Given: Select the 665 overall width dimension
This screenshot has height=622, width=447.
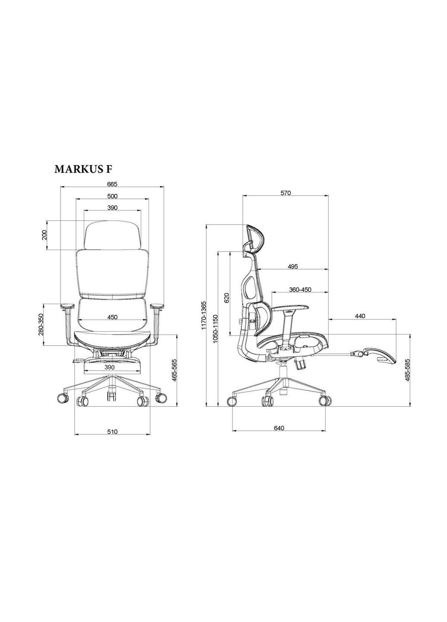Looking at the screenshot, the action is (x=112, y=184).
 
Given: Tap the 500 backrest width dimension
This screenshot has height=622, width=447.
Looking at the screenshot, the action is (x=112, y=196).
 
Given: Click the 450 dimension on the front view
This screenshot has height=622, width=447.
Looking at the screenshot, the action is (x=112, y=317).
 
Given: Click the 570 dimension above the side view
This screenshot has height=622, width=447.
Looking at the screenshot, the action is (x=285, y=193).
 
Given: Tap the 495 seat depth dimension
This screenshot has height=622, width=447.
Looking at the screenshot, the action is (x=293, y=266).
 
